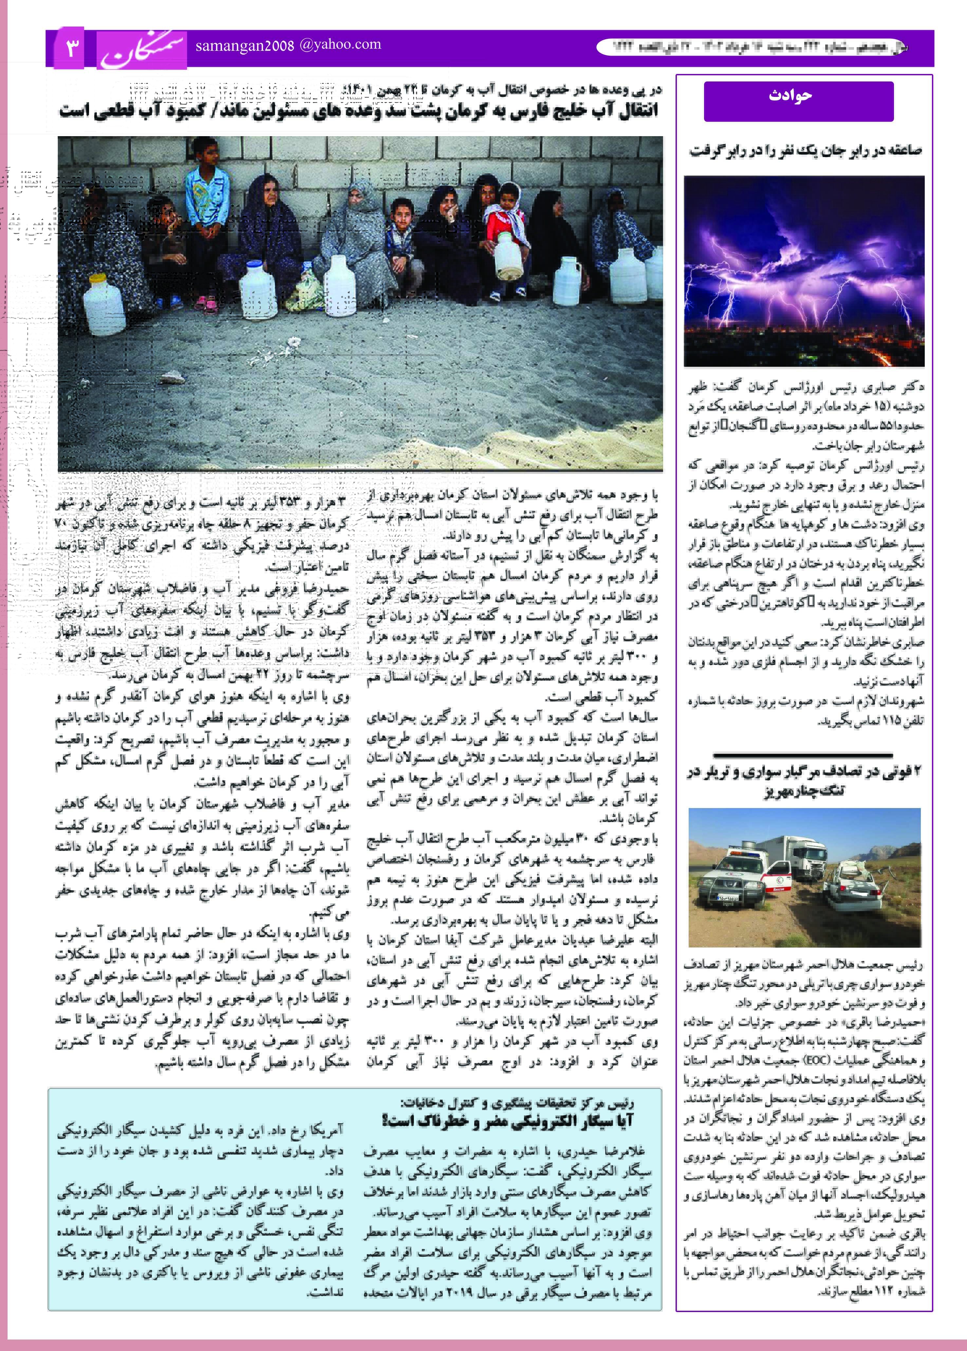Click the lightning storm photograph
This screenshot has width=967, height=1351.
(804, 271)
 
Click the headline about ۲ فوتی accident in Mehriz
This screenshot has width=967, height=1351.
(804, 781)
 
